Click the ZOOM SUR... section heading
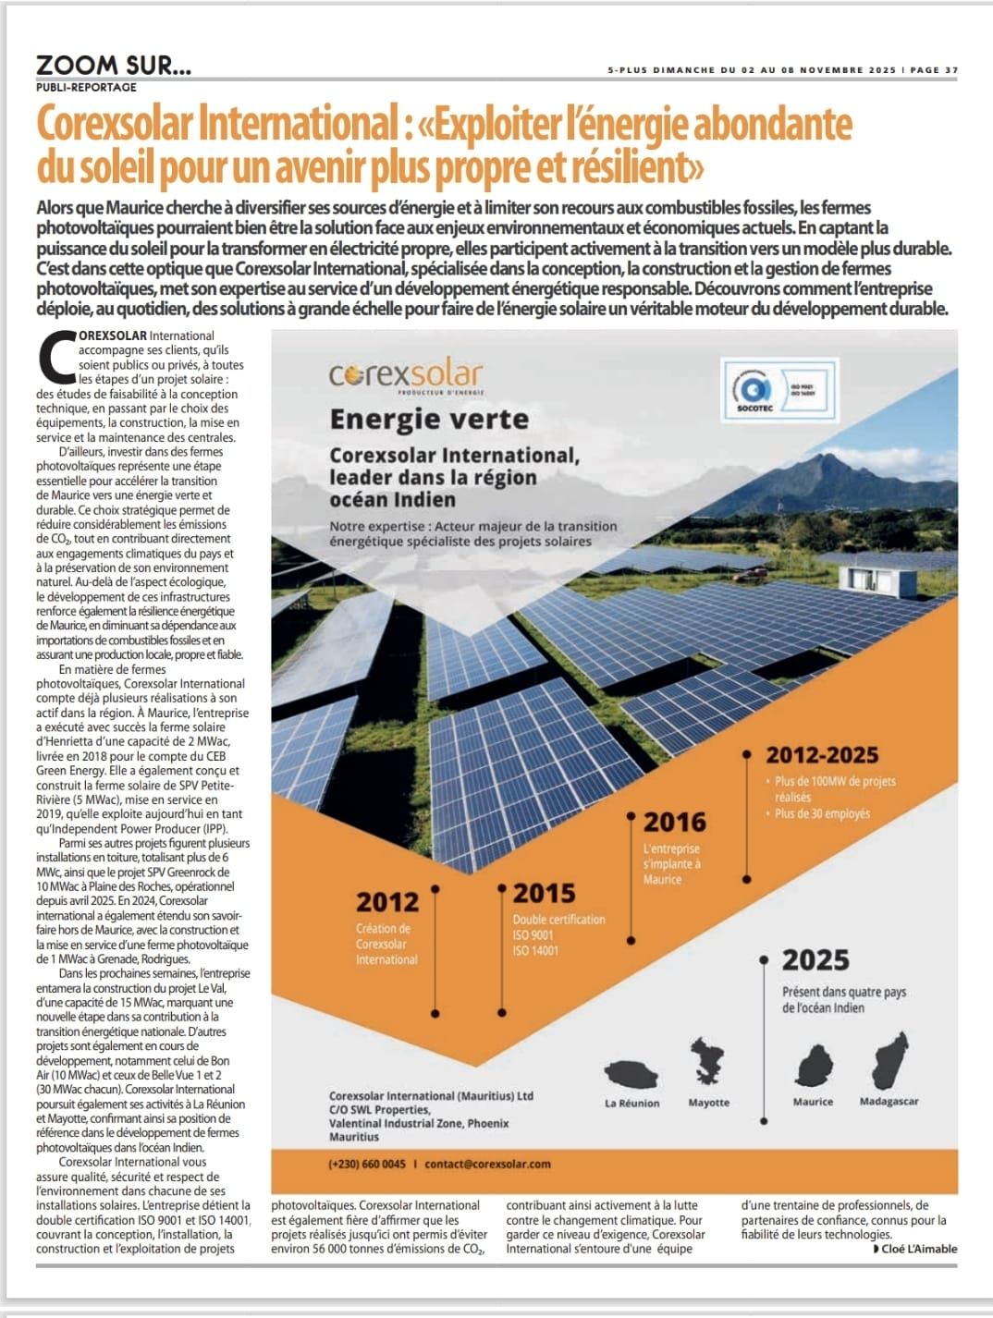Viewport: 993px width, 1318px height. point(114,65)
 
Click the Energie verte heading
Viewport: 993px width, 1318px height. point(429,420)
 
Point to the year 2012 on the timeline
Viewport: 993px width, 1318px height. point(387,901)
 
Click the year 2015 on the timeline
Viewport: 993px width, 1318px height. point(544,893)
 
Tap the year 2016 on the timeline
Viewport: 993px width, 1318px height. point(674,822)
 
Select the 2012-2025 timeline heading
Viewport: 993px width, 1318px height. point(821,755)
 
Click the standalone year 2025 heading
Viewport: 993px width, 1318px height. point(815,960)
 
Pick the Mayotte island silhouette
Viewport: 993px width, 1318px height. point(708,1060)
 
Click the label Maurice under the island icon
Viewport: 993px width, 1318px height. point(813,1102)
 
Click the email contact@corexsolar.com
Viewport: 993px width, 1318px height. point(487,1164)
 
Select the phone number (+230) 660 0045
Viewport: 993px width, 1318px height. point(366,1164)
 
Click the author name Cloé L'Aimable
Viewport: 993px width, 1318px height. point(919,1249)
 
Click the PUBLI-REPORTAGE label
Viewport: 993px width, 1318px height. point(86,87)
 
